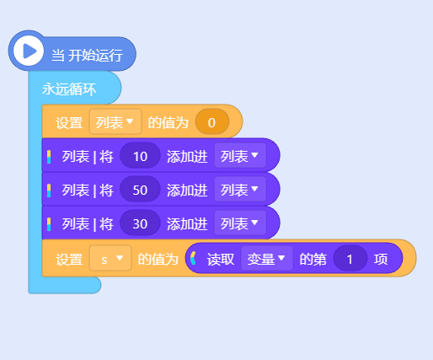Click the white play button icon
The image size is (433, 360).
29,51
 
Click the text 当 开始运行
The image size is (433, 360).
87,55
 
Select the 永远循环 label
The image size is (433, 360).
69,89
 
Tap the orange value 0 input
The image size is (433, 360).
212,122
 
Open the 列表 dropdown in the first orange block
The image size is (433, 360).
115,122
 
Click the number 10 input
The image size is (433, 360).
140,156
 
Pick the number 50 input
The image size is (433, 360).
140,190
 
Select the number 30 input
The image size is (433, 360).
140,223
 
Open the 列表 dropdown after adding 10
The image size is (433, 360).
240,155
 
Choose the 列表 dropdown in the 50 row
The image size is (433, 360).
240,190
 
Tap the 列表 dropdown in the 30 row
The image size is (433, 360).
240,223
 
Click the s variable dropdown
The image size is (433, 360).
110,258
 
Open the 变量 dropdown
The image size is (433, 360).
267,258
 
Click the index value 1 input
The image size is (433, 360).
350,259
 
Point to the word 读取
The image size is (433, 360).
221,259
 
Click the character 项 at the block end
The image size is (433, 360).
381,259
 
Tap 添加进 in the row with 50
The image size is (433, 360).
187,191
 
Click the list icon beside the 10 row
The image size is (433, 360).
49,157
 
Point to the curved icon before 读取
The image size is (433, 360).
193,258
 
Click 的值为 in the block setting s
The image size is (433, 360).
158,259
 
